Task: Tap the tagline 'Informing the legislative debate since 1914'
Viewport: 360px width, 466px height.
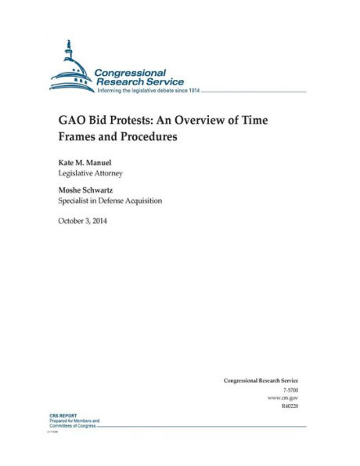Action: pyautogui.click(x=148, y=91)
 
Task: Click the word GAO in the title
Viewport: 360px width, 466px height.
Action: pyautogui.click(x=71, y=121)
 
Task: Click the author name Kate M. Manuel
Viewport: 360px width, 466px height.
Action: pyautogui.click(x=84, y=161)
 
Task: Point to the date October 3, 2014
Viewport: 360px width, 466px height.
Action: pyautogui.click(x=82, y=221)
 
